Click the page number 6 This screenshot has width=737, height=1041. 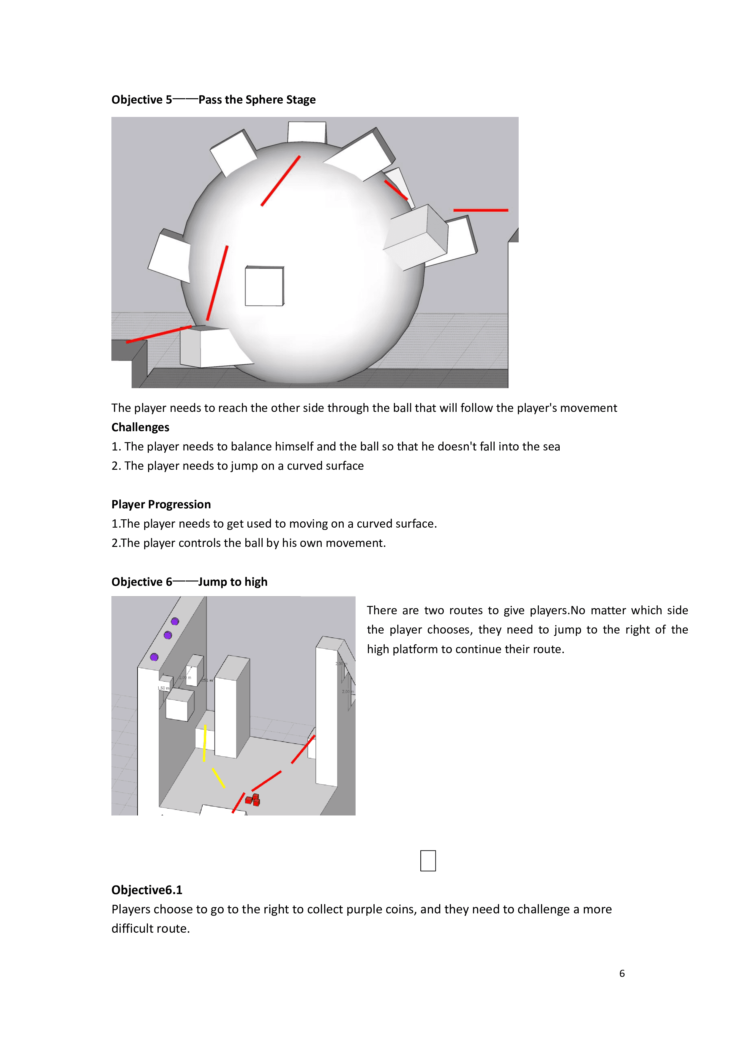coord(622,973)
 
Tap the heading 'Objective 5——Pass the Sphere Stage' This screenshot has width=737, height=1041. coord(213,100)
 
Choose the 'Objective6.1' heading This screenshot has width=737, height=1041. coord(146,890)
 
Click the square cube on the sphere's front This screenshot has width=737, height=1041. coord(264,286)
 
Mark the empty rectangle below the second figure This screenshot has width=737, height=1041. coord(428,861)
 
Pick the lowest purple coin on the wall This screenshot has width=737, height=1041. coord(154,657)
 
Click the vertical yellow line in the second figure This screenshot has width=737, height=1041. coord(205,743)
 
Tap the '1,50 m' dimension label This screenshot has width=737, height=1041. coord(163,688)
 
